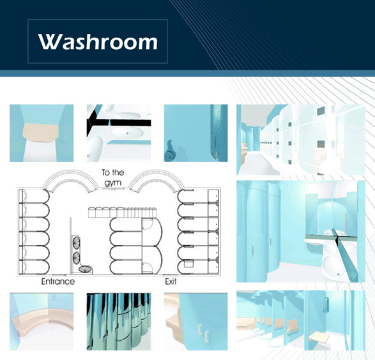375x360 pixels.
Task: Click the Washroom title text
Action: click(98, 41)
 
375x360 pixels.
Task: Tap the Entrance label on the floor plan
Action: click(58, 281)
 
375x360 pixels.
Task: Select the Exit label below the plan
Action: click(171, 281)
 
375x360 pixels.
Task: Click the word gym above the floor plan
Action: click(113, 183)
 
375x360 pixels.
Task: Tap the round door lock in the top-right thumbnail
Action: click(169, 156)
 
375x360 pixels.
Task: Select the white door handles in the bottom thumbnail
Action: click(204, 333)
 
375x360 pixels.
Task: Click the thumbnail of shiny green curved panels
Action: click(119, 322)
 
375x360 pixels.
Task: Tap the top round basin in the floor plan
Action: click(76, 243)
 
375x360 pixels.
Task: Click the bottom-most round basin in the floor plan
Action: click(85, 269)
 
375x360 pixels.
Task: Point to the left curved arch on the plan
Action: click(70, 174)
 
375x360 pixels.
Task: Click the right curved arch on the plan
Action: click(157, 174)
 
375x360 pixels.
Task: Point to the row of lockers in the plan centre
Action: click(123, 212)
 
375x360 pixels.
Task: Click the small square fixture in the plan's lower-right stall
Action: click(188, 264)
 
